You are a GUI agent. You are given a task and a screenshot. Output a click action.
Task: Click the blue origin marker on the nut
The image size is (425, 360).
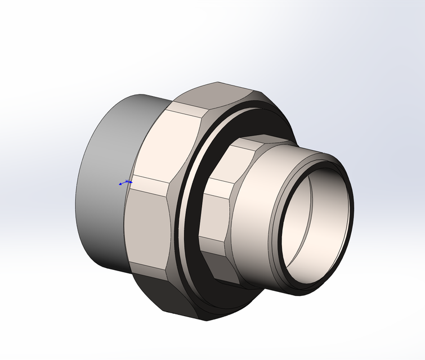pos(125,183)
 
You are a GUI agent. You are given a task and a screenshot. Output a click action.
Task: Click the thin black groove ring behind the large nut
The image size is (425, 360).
pos(181,225)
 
